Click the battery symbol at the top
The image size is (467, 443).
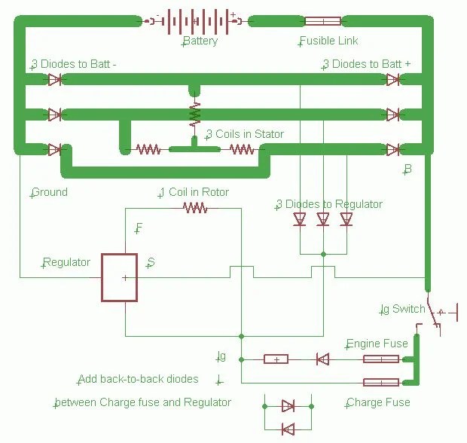point(195,21)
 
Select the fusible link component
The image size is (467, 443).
point(323,21)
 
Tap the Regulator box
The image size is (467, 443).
point(120,278)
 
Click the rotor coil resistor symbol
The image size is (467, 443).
point(195,208)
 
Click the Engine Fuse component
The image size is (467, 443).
point(381,359)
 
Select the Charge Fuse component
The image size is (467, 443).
point(381,383)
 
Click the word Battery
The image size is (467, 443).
point(200,41)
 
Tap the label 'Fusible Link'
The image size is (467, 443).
point(329,41)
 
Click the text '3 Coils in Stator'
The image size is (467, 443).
point(245,134)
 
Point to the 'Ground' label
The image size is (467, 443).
point(50,192)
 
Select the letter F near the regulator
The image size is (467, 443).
point(139,228)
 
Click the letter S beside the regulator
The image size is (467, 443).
point(151,262)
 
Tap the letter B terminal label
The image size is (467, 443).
point(407,170)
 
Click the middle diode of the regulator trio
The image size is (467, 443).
point(323,219)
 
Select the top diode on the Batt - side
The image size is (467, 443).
point(55,80)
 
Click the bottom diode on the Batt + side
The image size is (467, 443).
point(393,149)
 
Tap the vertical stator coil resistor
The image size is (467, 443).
point(195,114)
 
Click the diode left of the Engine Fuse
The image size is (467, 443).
point(323,359)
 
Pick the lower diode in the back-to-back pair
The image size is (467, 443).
point(288,429)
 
